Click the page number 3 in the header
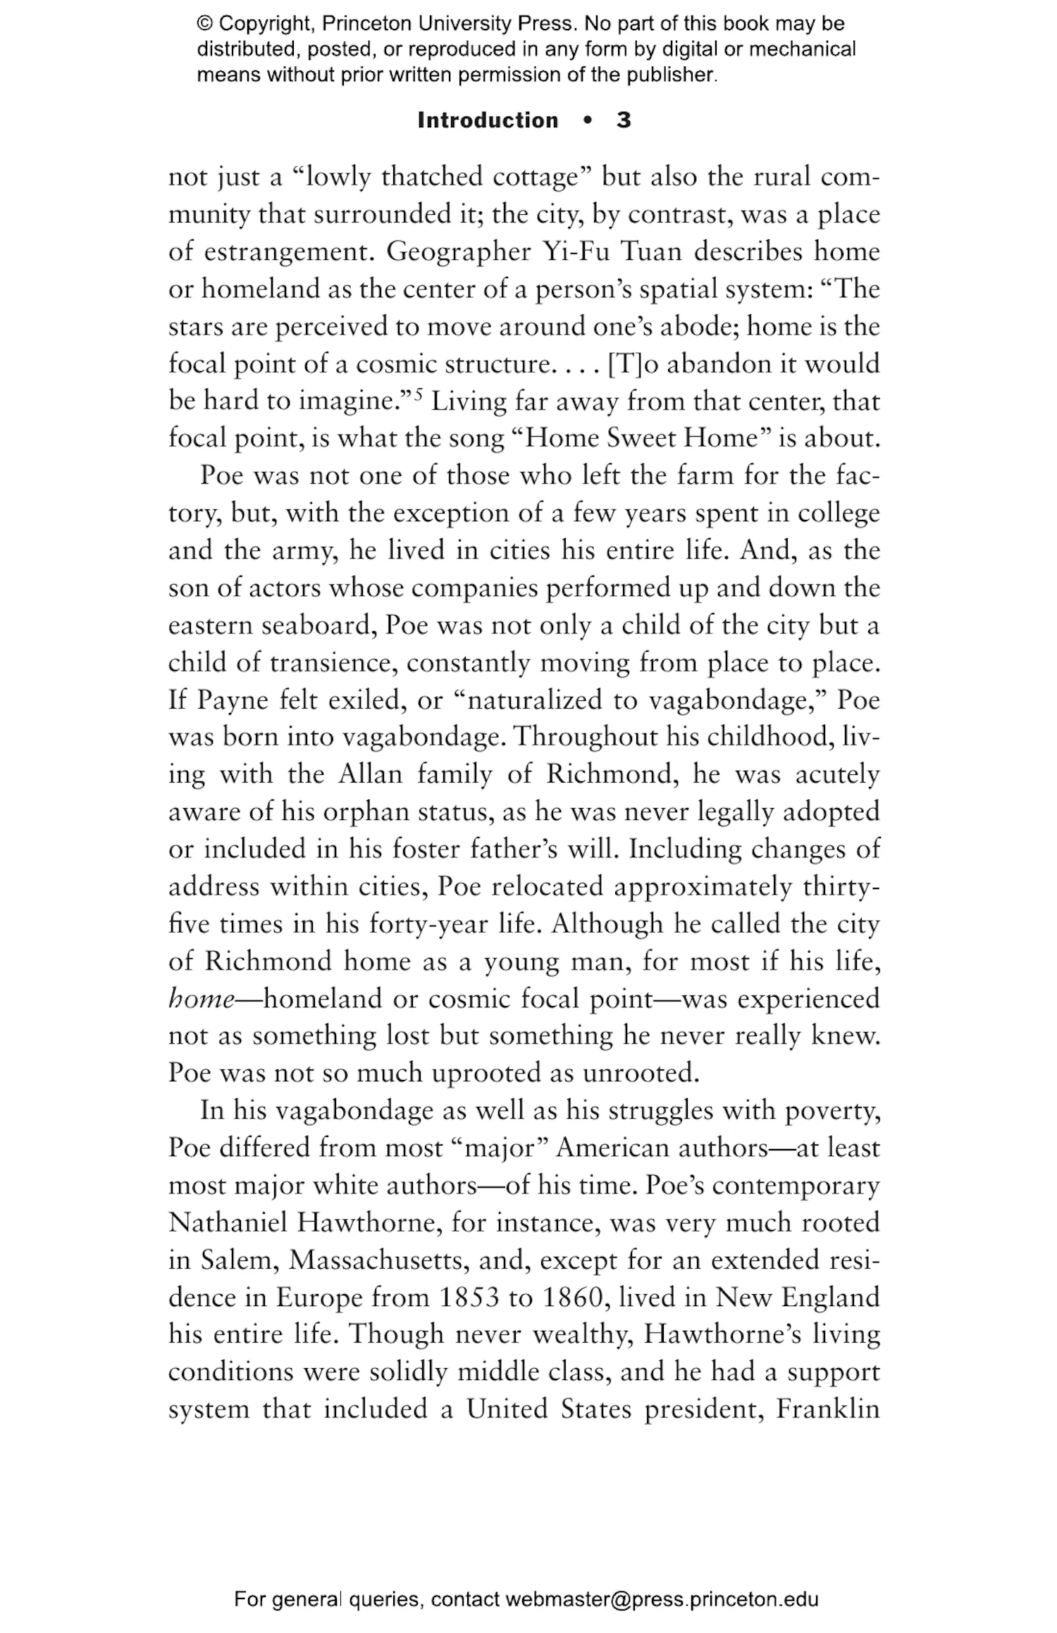tap(623, 120)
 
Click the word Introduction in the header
tap(488, 120)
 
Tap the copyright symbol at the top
tap(204, 24)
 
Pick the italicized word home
tap(201, 998)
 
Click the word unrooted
tap(641, 1073)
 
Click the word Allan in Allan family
tap(370, 774)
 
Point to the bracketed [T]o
tap(632, 364)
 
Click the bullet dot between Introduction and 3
tap(587, 120)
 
